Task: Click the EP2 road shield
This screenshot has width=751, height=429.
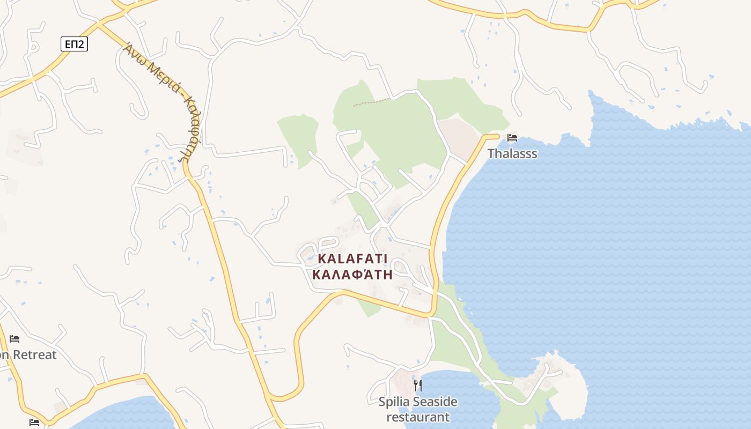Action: [x=74, y=44]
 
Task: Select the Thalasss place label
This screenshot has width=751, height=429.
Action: [x=512, y=154]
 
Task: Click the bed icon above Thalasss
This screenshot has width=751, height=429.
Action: [x=512, y=137]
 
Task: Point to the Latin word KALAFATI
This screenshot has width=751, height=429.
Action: [x=352, y=259]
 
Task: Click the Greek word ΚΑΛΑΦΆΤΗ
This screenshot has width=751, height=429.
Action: [x=352, y=275]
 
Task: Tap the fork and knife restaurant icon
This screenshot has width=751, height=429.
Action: [x=418, y=385]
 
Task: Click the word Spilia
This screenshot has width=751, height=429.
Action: [x=395, y=402]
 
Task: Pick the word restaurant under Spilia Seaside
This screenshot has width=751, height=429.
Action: [x=418, y=417]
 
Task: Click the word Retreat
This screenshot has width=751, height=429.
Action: [x=34, y=354]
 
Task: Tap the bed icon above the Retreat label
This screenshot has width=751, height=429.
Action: [x=14, y=339]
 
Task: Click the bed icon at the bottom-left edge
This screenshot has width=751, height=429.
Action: [x=34, y=423]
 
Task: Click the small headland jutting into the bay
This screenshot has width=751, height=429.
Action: [x=558, y=381]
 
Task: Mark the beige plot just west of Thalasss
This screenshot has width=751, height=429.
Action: [x=459, y=137]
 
